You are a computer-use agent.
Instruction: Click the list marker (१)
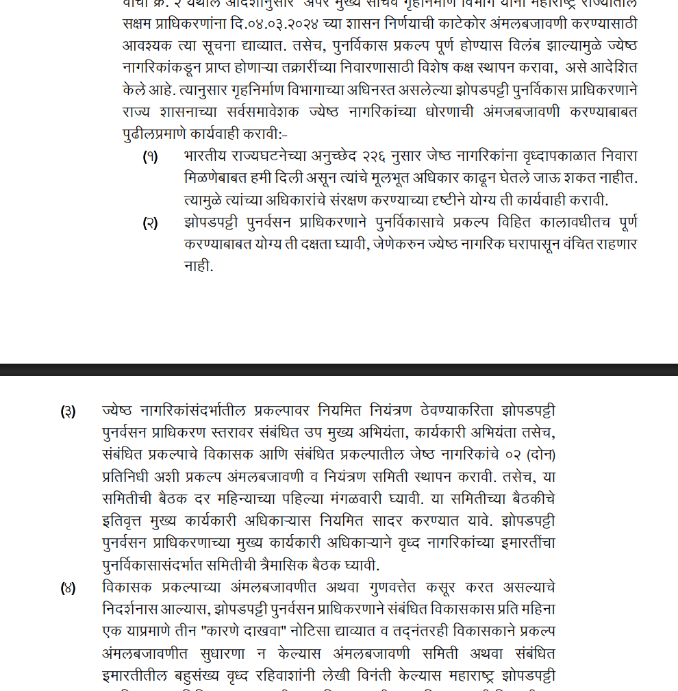150,157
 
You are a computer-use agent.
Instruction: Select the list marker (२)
150,223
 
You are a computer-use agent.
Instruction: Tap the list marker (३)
68,412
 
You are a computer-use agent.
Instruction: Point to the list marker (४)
68,588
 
